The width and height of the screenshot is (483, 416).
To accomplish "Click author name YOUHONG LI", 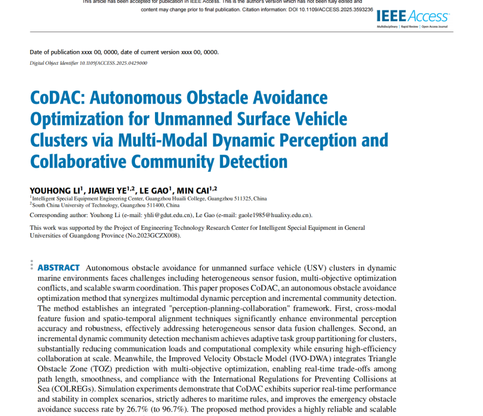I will (x=55, y=190).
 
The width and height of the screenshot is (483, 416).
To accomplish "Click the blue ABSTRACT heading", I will (x=59, y=268).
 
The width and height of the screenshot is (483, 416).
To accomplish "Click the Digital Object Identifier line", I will (x=88, y=63).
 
